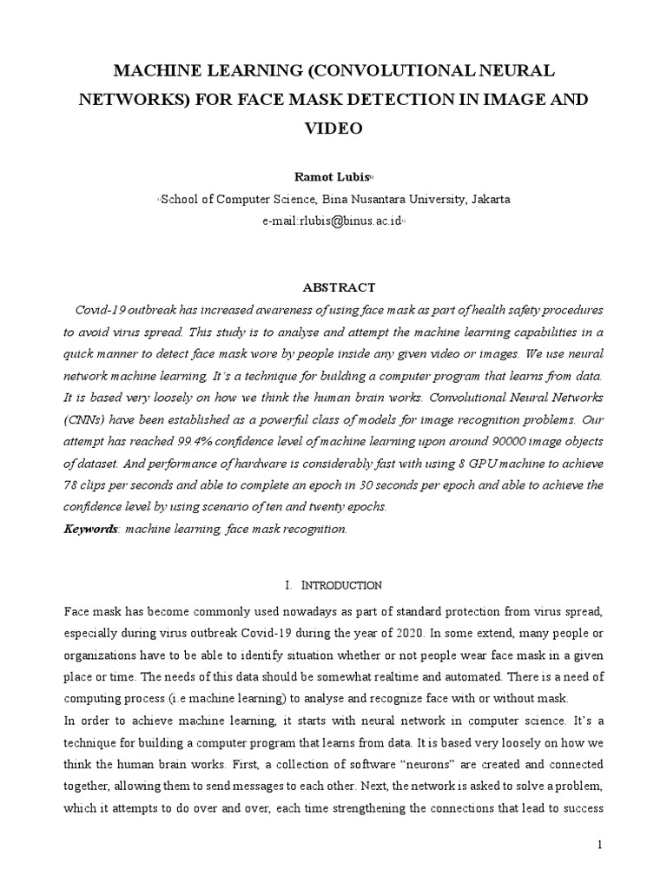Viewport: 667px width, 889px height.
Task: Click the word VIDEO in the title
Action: pyautogui.click(x=333, y=128)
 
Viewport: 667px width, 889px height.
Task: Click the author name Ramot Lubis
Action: pyautogui.click(x=333, y=177)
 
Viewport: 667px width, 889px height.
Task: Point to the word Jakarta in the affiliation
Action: pyautogui.click(x=490, y=199)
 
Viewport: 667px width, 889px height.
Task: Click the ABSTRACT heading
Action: pyautogui.click(x=338, y=287)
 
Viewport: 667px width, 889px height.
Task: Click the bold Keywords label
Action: pyautogui.click(x=90, y=529)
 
